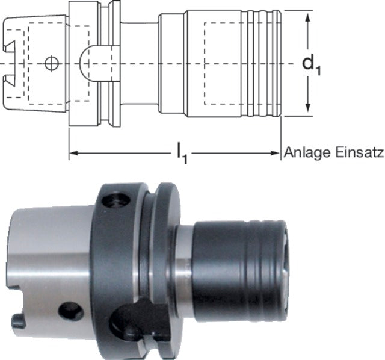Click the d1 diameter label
(x=311, y=64)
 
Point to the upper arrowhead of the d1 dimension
(x=308, y=16)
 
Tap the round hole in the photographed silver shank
(x=70, y=311)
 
